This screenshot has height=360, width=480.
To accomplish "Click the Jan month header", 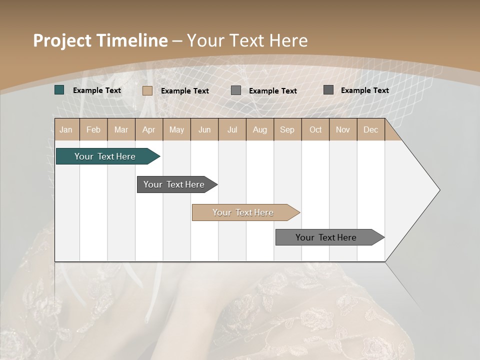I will pos(66,129).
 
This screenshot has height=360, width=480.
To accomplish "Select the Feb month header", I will pos(93,129).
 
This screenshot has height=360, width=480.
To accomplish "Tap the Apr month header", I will pos(149,129).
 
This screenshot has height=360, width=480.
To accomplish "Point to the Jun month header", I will pos(204,129).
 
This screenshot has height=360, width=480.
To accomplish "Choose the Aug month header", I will pos(260,129).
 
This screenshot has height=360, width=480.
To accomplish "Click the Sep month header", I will pos(287,129).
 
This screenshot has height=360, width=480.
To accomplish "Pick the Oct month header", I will pos(315,129).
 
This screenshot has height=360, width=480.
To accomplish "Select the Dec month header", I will pos(371,129).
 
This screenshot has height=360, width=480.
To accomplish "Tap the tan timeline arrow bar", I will pos(243,212).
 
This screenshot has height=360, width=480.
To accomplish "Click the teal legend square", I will pos(59,90).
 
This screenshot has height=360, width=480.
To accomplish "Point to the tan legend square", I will pos(147,90).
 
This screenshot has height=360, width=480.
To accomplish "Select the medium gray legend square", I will pos(236,90).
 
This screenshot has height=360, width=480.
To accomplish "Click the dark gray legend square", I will pos(328,90).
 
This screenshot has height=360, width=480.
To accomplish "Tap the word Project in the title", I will pos(62,40).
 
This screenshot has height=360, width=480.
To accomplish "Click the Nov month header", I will pos(343,129).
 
